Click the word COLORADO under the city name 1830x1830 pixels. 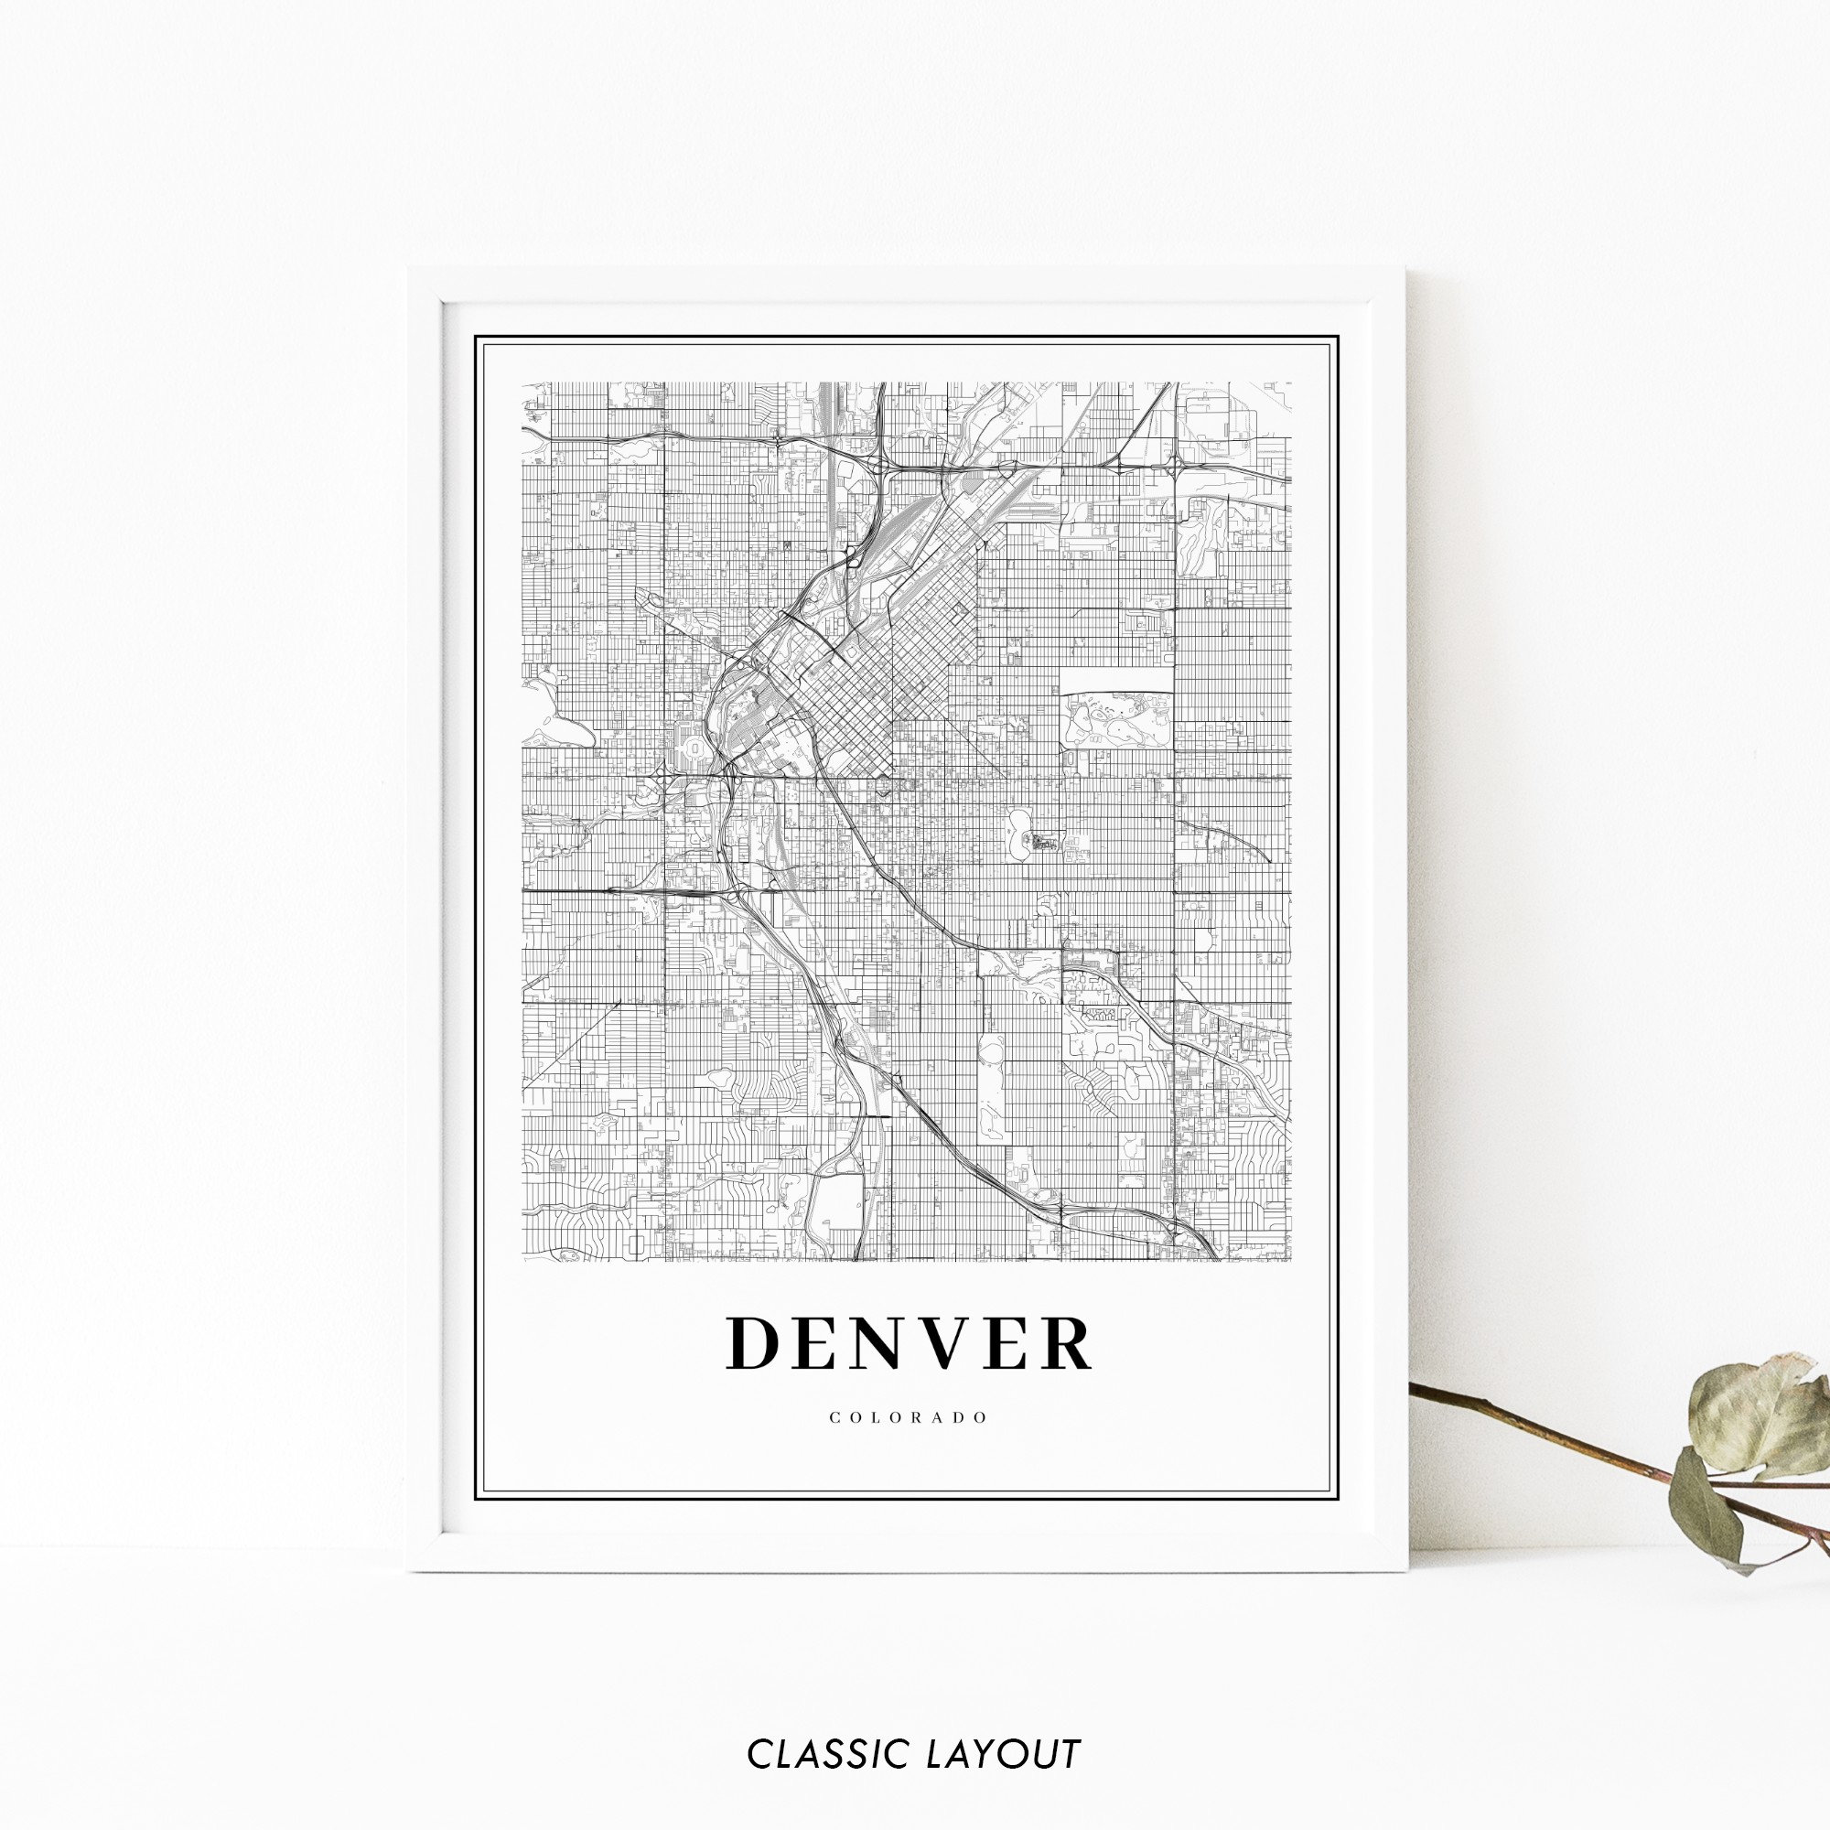909,1418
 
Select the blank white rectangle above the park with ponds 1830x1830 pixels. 1114,679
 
